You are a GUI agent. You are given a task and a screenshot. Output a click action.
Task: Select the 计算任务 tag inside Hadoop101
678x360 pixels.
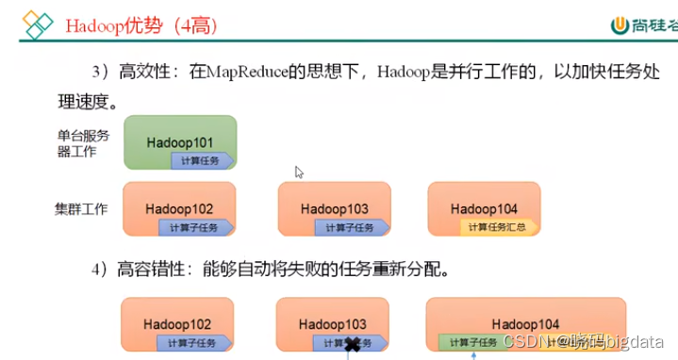[x=202, y=160]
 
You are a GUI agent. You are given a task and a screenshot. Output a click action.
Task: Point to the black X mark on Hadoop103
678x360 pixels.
[x=354, y=345]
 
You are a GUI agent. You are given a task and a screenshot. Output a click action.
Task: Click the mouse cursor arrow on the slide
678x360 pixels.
[x=299, y=172]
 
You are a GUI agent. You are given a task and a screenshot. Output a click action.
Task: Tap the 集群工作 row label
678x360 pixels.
[x=83, y=207]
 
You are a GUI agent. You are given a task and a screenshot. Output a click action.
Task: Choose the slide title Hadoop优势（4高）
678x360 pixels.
[x=141, y=25]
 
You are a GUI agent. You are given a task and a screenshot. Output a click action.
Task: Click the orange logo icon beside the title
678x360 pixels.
[x=38, y=25]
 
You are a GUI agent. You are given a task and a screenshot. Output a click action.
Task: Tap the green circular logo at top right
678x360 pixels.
[x=620, y=26]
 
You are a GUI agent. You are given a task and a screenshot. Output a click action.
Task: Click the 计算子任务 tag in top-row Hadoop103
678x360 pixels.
[x=351, y=227]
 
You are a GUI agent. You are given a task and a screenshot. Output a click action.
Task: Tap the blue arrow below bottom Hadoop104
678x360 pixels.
[x=473, y=354]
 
